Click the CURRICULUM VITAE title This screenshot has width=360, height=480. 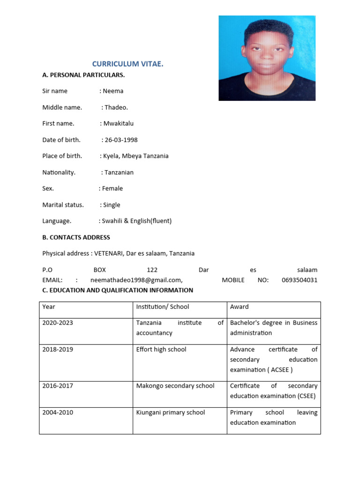127,64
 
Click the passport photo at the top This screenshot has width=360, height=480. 267,58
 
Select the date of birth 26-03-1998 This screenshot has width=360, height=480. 121,140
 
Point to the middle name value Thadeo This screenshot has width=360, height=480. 116,107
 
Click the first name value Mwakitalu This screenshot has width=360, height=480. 118,124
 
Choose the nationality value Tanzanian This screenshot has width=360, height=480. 119,172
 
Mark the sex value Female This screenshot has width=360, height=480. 112,188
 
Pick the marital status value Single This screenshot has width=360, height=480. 112,205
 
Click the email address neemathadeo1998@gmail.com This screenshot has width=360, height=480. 136,280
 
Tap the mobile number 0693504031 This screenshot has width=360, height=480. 300,280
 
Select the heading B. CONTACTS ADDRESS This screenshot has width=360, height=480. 76,238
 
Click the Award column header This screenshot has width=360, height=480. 240,307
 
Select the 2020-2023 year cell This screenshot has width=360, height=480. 58,323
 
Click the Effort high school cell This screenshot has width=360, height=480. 161,350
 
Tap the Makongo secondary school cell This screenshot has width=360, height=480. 175,386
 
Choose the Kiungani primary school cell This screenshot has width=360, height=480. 171,412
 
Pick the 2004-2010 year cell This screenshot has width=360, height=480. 58,412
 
